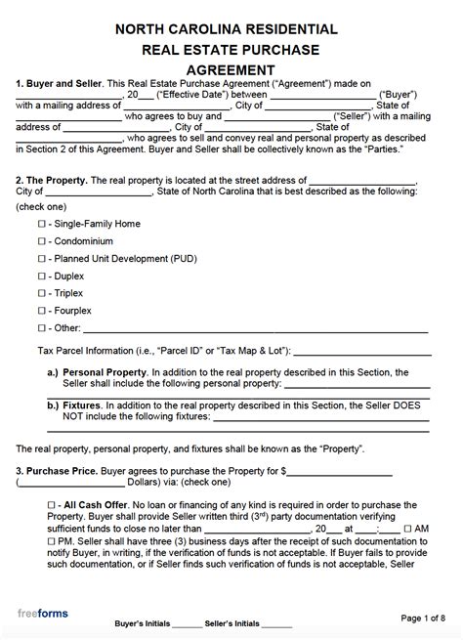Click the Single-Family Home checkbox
(x=41, y=224)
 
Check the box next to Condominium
(x=41, y=241)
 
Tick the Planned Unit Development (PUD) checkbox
(x=41, y=259)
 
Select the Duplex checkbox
(x=41, y=277)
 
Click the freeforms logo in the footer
(x=43, y=613)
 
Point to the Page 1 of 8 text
(x=423, y=618)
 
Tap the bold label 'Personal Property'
(x=105, y=373)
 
